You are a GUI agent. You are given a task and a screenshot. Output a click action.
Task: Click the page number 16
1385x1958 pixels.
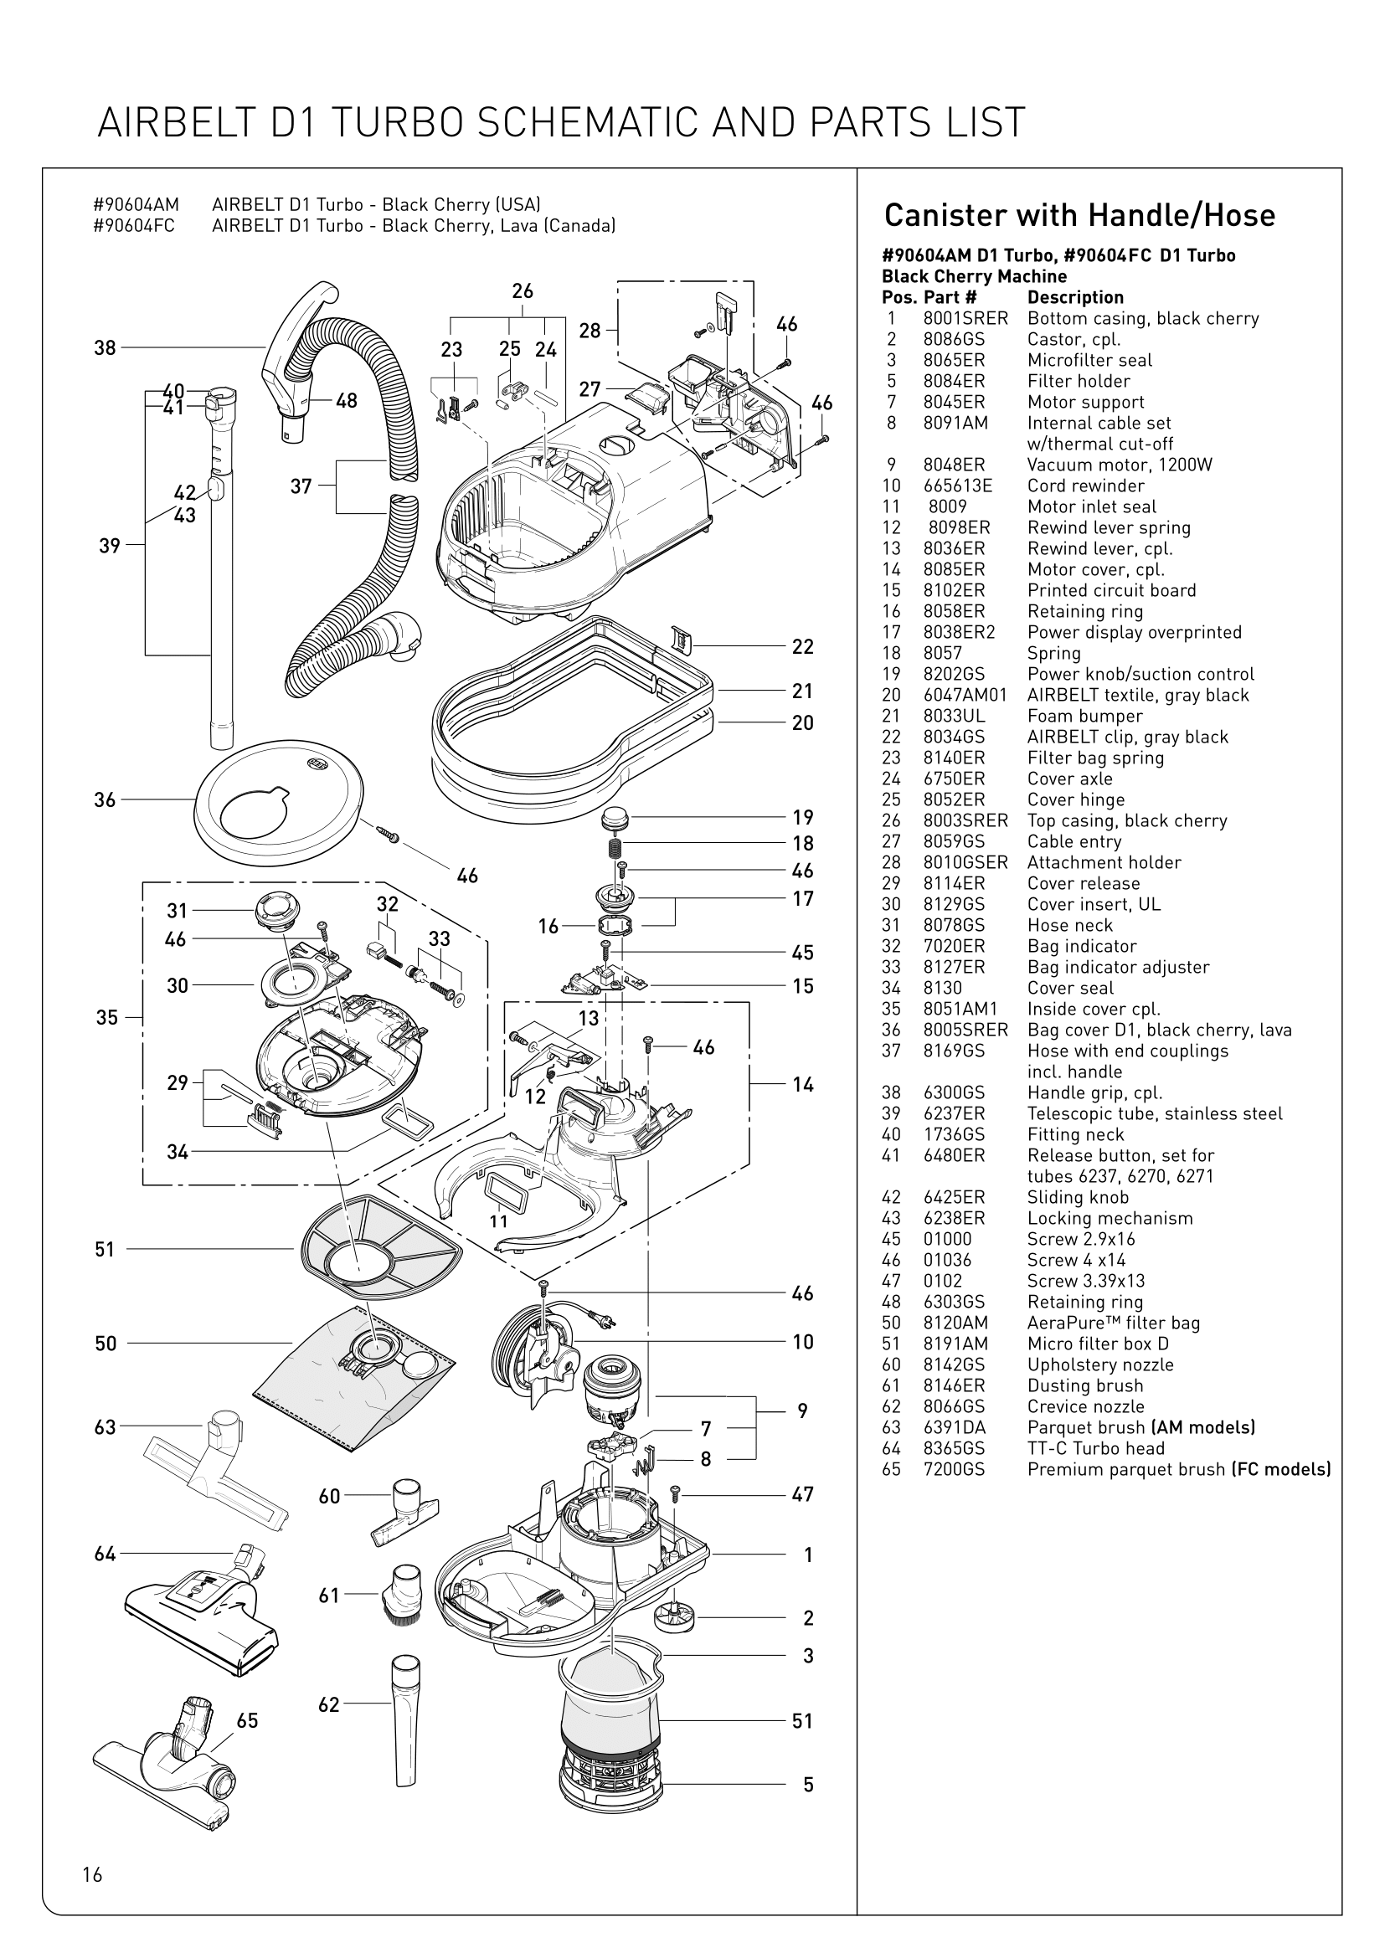92,1873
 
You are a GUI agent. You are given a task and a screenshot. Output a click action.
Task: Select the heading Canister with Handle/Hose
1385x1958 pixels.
1079,215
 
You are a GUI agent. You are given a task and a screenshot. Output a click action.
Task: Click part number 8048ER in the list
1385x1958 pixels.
954,465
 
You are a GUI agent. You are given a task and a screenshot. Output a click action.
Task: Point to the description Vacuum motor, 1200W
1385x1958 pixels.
1119,465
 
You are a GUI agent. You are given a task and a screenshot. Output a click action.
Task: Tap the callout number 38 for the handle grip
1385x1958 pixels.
104,348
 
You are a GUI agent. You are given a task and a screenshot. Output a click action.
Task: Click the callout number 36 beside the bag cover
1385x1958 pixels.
104,800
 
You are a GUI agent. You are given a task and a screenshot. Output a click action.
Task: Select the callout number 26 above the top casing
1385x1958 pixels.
522,291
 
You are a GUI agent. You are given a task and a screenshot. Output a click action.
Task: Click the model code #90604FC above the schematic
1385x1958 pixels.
135,226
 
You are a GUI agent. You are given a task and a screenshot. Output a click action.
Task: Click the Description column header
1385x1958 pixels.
1074,298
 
